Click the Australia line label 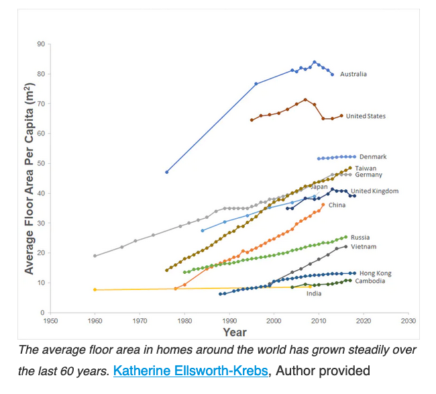[353, 74]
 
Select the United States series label [366, 116]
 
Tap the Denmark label [373, 157]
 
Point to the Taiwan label [366, 168]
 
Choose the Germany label [368, 175]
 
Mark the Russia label [360, 238]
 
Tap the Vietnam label [364, 247]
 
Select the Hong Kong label [375, 273]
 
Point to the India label [314, 293]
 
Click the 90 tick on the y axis [42, 44]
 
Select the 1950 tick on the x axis [50, 321]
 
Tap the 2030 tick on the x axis [408, 321]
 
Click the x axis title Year [234, 332]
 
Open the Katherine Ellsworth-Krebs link [193, 370]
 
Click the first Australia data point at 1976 [166, 172]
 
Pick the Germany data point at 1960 [95, 256]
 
